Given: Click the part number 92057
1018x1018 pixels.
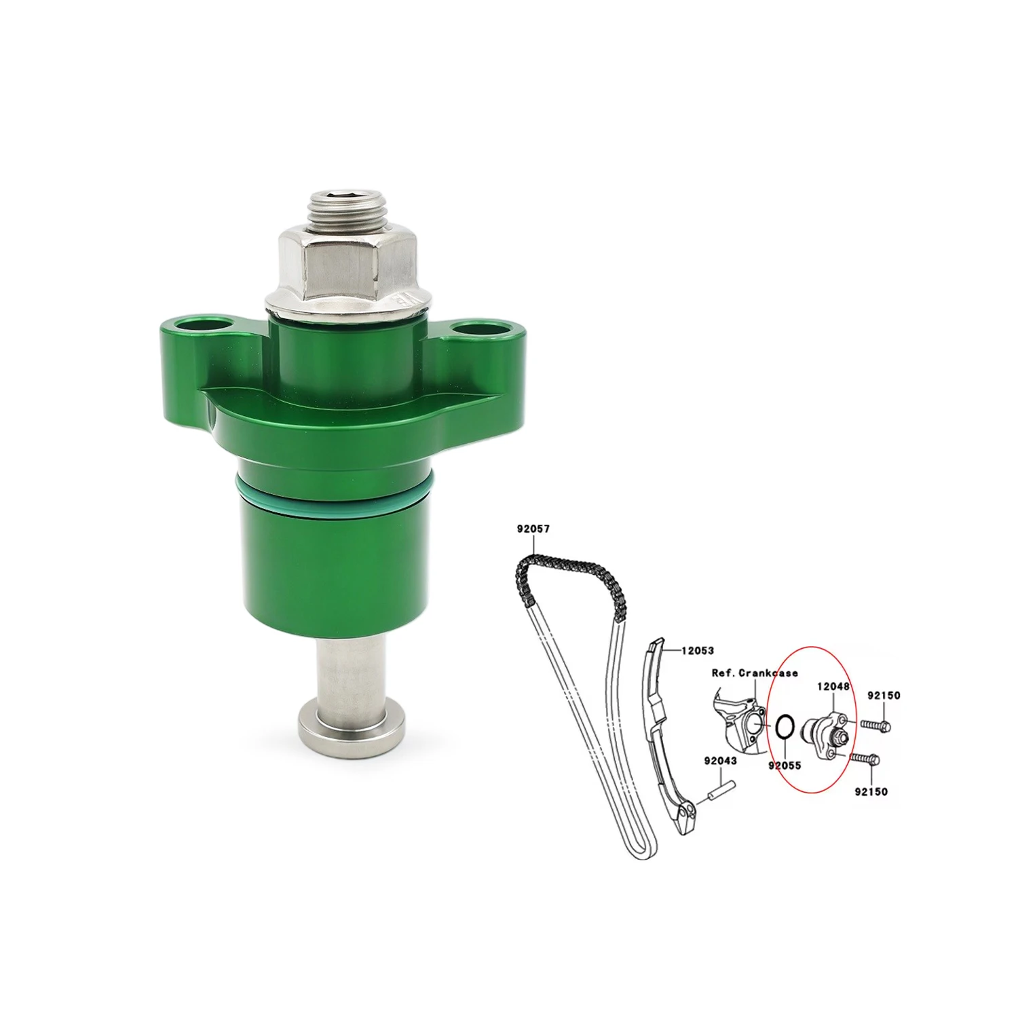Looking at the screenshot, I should point(533,527).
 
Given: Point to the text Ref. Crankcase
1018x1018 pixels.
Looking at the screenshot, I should point(755,673).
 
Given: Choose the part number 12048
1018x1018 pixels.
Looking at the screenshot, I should point(833,687).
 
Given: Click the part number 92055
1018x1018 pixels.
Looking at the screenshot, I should point(785,765).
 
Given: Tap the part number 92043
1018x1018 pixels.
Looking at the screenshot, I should point(720,761).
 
